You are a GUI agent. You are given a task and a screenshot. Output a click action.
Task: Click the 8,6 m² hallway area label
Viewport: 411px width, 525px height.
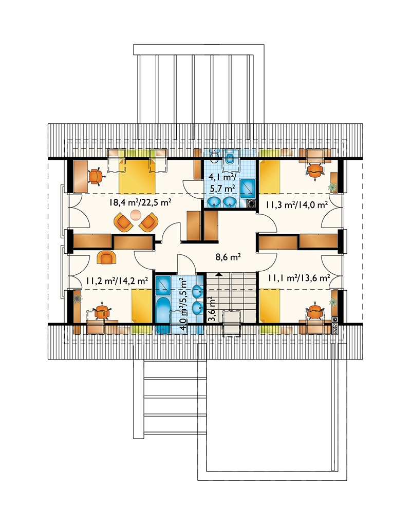pos(228,257)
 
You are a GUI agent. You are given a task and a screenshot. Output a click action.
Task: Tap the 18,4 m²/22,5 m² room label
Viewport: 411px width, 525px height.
pos(140,202)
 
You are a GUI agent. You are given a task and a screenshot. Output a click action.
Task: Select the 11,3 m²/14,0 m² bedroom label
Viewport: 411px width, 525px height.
pos(297,204)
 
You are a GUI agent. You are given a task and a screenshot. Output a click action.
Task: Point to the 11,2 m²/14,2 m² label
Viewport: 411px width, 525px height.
pos(117,280)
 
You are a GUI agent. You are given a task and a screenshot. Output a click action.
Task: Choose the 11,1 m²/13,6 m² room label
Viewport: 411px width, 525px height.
pos(299,278)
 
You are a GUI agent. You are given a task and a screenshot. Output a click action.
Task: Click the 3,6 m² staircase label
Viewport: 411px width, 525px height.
pos(212,309)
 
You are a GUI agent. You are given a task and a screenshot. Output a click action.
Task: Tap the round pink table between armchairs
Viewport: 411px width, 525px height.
pos(135,215)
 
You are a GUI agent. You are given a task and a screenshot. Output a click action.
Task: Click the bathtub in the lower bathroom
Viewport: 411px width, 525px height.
pos(163,316)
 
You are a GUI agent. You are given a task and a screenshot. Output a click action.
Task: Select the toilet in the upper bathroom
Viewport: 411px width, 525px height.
pos(230,157)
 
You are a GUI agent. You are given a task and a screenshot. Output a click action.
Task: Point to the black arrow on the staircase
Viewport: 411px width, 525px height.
pos(219,274)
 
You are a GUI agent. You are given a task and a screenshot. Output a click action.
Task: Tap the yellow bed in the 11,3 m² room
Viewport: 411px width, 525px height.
pos(270,177)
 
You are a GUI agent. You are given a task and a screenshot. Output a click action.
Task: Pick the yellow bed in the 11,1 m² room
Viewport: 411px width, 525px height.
pos(270,306)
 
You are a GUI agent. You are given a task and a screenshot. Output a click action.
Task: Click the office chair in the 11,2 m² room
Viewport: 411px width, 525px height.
pos(102,312)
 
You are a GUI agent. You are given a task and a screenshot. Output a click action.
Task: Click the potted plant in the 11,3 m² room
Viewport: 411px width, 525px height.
pos(332,187)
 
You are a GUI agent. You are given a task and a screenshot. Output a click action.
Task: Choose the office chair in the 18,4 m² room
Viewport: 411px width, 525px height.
pos(96,176)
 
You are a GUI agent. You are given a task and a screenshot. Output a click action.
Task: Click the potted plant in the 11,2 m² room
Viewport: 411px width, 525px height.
pos(78,298)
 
